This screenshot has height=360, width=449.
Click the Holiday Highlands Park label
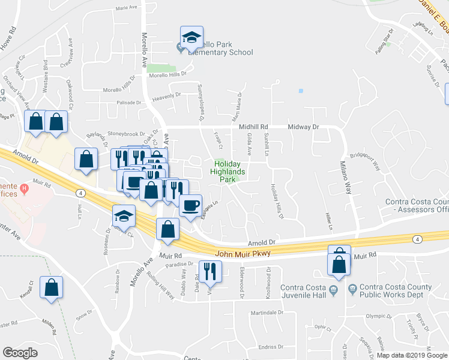[228, 172]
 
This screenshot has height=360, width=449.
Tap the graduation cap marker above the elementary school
[192, 37]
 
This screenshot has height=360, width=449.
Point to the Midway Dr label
[304, 127]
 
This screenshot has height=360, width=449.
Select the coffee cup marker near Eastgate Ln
[191, 205]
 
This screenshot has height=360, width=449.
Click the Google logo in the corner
[20, 353]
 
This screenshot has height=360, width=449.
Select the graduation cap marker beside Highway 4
[124, 215]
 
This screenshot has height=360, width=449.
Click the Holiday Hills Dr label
[277, 201]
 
